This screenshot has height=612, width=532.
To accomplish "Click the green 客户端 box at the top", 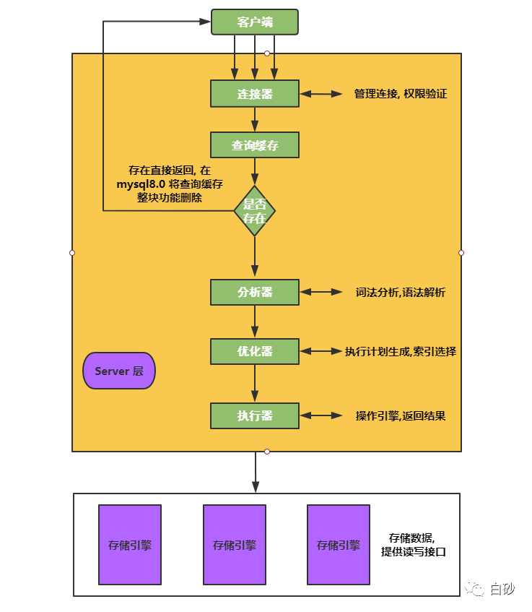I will click(254, 22).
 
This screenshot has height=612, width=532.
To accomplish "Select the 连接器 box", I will click(254, 94).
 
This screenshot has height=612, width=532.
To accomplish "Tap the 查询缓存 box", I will click(254, 145).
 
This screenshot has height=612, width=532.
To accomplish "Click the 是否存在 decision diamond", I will click(255, 210).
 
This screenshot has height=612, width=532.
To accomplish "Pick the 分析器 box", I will click(254, 293).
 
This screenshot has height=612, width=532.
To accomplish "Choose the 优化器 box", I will click(254, 351).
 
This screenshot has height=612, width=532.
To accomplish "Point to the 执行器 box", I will click(254, 415).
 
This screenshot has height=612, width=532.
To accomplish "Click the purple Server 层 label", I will click(119, 371).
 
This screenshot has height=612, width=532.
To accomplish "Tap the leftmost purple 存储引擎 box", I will click(130, 545).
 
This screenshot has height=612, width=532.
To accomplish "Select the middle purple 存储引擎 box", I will click(235, 545).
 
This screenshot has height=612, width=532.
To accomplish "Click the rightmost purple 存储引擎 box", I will click(339, 545).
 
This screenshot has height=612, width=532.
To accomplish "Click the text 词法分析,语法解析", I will click(400, 293).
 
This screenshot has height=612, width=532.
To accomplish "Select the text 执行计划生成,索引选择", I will click(400, 352).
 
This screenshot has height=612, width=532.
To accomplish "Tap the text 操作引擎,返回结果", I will click(400, 416).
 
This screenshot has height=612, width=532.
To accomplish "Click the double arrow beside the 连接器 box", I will click(320, 94).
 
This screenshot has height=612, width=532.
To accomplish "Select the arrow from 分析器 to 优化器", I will click(255, 322).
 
